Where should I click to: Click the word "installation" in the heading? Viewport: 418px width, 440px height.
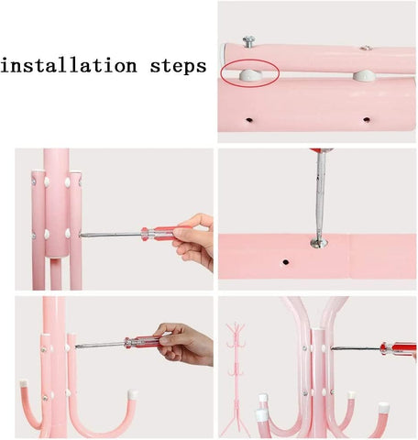coord(69,65)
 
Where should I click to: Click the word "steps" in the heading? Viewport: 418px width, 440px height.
coord(178,66)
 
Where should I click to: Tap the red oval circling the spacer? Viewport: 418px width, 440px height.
coord(250,72)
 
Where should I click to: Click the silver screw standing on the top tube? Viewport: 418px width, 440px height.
coord(249,41)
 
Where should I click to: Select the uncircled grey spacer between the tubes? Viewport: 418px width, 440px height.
coord(364,75)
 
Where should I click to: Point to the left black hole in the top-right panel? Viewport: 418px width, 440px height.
coord(249,120)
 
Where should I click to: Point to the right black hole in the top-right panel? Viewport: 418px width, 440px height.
coord(367,119)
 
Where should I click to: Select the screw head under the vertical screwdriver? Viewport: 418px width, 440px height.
coord(319,243)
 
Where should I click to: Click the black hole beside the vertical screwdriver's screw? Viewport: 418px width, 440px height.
coord(286,262)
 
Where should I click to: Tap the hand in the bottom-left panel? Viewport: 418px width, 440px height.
coord(185,344)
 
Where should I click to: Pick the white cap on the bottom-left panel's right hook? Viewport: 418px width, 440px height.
coord(133,394)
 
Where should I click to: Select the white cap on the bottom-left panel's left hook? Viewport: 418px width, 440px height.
coord(24,385)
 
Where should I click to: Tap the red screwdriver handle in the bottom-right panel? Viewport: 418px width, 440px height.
coord(398,349)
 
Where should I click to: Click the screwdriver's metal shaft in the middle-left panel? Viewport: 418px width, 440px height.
coord(111,235)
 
